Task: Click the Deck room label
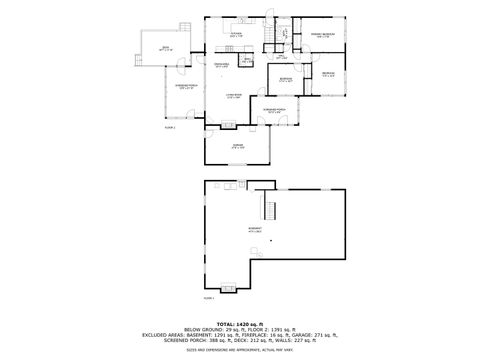pyautogui.click(x=152, y=49)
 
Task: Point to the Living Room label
pyautogui.click(x=234, y=95)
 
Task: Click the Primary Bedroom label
pyautogui.click(x=322, y=36)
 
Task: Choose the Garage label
pyautogui.click(x=237, y=148)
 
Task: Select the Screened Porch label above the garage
pyautogui.click(x=276, y=110)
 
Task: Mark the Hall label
pyautogui.click(x=283, y=57)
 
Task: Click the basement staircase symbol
pyautogui.click(x=268, y=210)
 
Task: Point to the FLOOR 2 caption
pyautogui.click(x=170, y=127)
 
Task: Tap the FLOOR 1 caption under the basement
pyautogui.click(x=209, y=298)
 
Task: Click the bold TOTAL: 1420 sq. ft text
pyautogui.click(x=240, y=325)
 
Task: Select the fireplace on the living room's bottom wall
pyautogui.click(x=231, y=125)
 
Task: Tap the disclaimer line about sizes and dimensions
pyautogui.click(x=240, y=350)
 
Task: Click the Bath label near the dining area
pyautogui.click(x=247, y=60)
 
